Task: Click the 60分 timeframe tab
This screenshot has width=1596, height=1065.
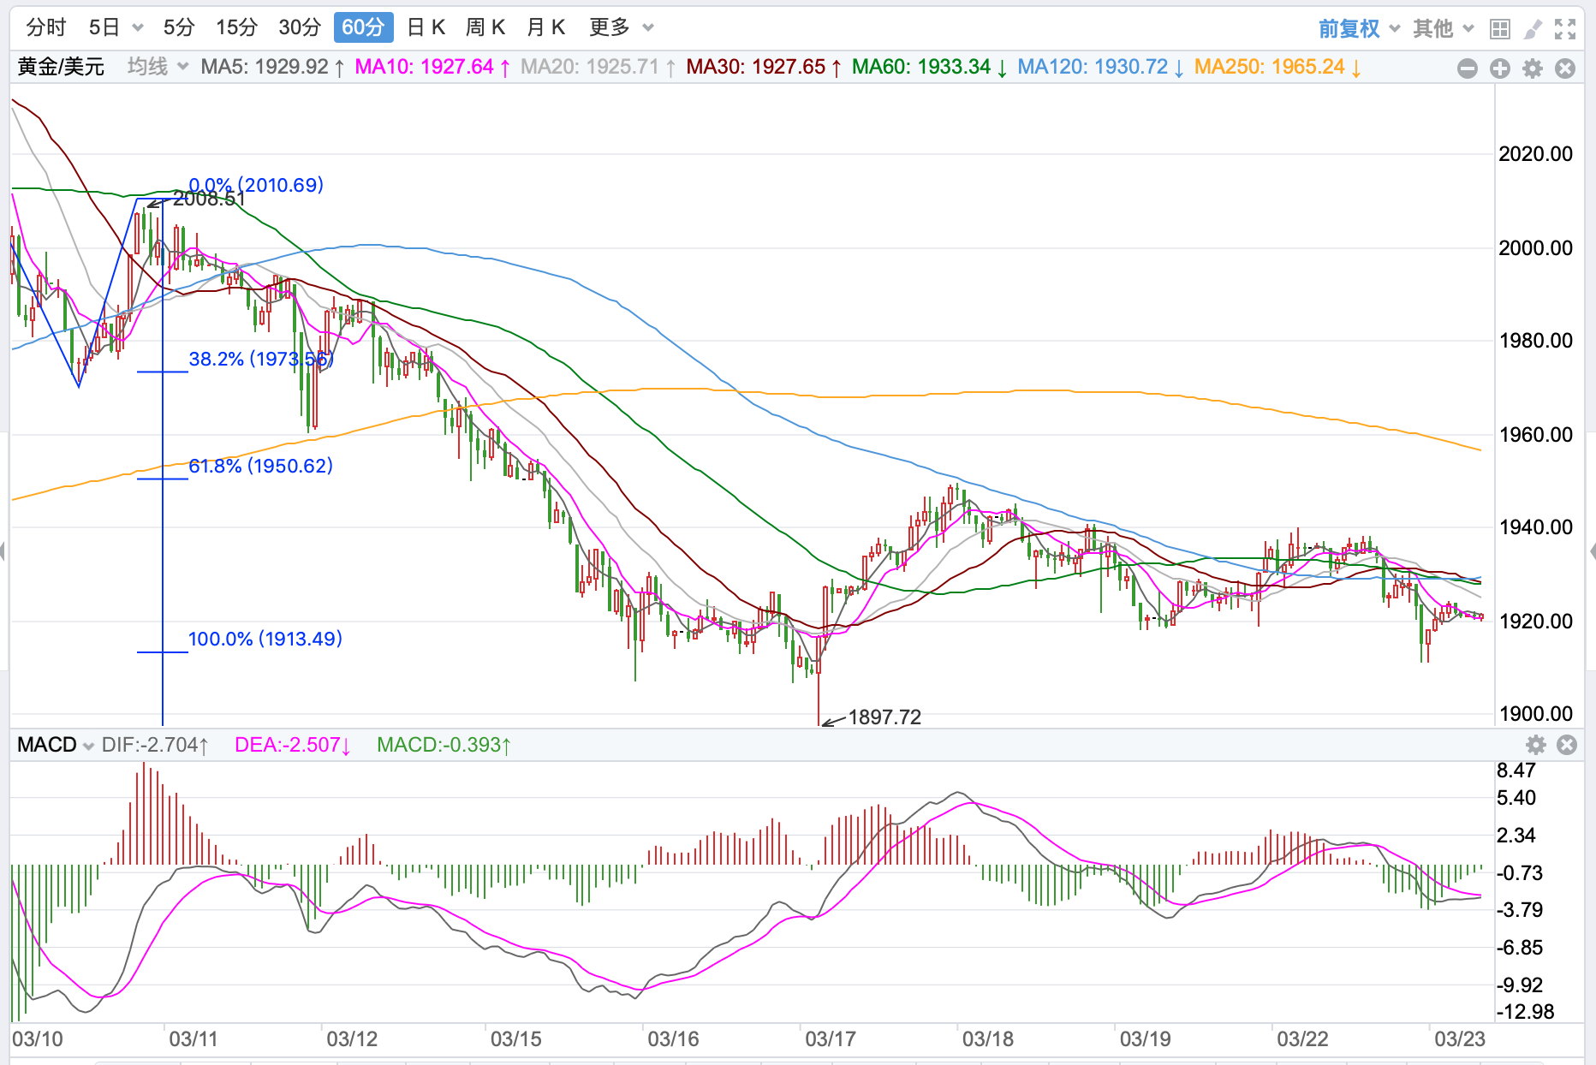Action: tap(362, 27)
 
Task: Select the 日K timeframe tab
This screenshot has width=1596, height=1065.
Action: tap(426, 27)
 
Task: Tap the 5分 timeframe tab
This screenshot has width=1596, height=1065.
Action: tap(179, 27)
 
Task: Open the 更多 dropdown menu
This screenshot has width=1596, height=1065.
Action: tap(621, 27)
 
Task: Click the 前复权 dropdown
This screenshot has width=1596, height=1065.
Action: tap(1359, 29)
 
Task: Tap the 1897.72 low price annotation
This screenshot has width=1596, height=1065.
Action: tap(884, 717)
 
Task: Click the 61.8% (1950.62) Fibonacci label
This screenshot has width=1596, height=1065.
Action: tap(260, 466)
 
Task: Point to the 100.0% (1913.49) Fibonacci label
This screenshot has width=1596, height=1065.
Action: tap(265, 639)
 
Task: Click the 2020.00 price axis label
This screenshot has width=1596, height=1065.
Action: tap(1535, 154)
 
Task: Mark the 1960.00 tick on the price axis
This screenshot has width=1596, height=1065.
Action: tap(1535, 435)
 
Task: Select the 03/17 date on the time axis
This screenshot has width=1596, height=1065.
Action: tap(830, 1039)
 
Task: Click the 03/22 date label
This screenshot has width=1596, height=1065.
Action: tap(1302, 1039)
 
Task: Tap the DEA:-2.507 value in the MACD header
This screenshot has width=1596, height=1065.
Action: tap(293, 745)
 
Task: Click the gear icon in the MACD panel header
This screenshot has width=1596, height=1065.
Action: tap(1536, 745)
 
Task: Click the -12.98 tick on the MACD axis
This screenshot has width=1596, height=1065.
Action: tap(1525, 1012)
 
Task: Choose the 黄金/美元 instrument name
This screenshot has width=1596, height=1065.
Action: tap(61, 67)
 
